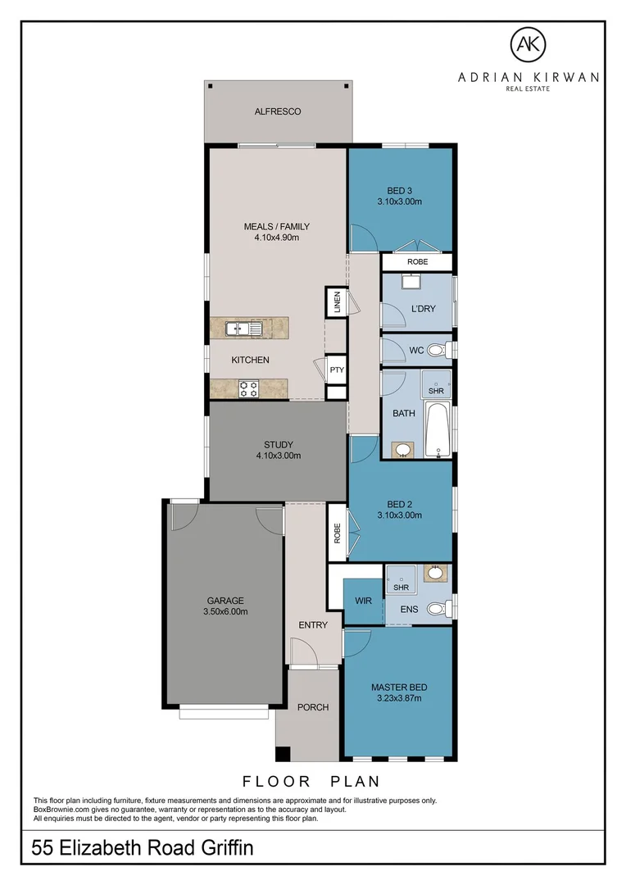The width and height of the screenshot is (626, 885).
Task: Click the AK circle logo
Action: [528, 46]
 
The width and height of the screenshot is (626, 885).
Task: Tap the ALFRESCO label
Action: [278, 111]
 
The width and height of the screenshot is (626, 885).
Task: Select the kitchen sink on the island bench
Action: [244, 329]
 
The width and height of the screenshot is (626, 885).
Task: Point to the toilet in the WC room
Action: [438, 351]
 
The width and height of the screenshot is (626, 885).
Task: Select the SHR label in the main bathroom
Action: [436, 391]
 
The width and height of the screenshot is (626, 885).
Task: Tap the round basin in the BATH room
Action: [403, 449]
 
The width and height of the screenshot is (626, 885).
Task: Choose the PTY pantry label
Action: [337, 370]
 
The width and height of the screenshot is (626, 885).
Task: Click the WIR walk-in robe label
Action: [364, 601]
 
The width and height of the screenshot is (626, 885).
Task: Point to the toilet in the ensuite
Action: [439, 608]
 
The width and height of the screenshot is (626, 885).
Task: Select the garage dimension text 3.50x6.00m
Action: [225, 611]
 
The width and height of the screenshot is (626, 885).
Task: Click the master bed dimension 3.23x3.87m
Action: [399, 698]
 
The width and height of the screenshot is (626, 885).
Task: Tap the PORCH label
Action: [312, 707]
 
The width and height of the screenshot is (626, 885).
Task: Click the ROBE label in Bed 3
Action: [417, 261]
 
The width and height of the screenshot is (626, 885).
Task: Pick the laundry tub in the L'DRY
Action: [409, 283]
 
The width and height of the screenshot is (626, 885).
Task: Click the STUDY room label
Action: [279, 445]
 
